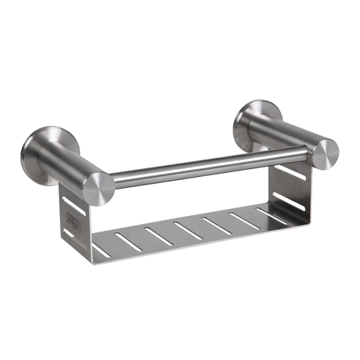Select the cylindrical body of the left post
(66, 166)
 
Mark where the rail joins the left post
(112, 179)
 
